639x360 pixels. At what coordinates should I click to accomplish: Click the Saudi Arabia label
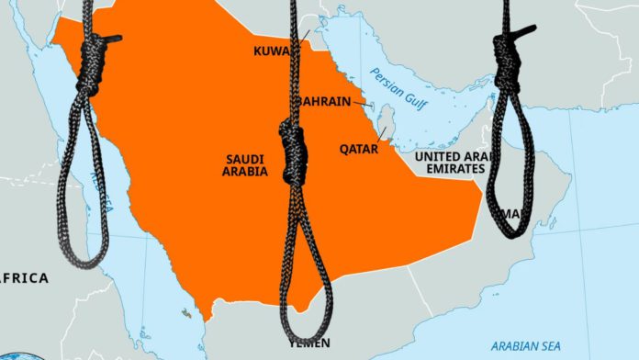pos(246,165)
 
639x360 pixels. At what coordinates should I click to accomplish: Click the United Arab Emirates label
pos(451,163)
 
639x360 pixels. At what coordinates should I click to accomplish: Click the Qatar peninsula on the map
pos(389,118)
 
